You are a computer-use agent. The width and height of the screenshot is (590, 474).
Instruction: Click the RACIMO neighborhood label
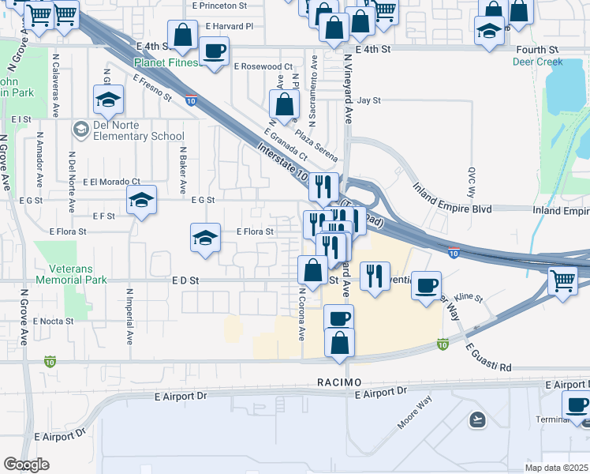pos(339,382)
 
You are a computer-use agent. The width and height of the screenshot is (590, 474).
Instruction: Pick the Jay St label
pos(369,101)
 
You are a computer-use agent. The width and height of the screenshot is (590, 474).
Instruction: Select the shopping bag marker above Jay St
pos(284,103)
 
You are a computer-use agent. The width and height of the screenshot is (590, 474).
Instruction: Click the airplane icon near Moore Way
pos(477,419)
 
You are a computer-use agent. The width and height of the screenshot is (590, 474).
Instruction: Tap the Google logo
pos(26,465)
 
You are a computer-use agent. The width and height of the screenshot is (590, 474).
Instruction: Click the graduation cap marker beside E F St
pos(141,201)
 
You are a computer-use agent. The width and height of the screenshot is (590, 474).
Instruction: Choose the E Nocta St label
pos(53,322)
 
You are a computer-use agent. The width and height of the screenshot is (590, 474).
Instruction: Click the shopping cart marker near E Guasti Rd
pos(562,280)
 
